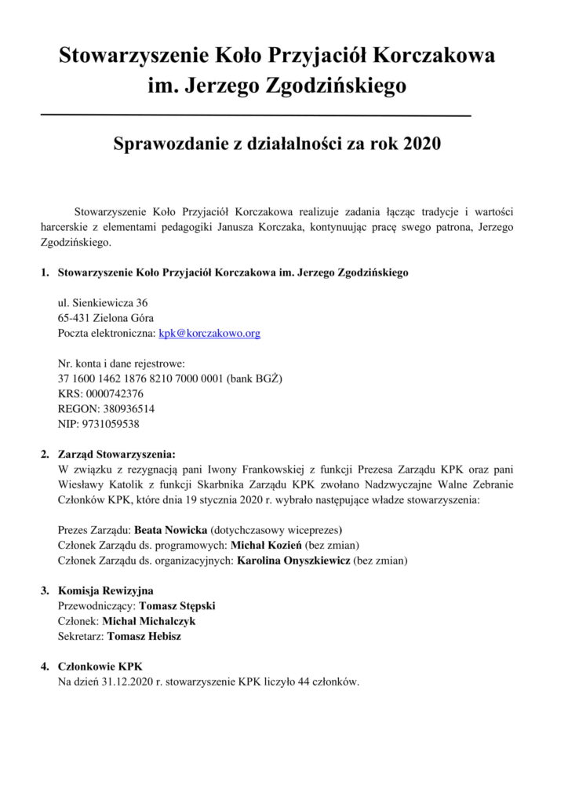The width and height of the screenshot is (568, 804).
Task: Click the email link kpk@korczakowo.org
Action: coord(209,333)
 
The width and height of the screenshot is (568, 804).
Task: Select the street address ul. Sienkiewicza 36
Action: coord(103,302)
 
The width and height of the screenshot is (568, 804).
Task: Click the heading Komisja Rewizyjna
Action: coord(106,590)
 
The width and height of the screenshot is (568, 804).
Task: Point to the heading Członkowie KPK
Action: coord(100,667)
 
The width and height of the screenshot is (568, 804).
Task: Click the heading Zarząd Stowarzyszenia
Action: coord(117,454)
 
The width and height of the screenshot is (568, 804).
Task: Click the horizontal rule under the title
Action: coord(255,116)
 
